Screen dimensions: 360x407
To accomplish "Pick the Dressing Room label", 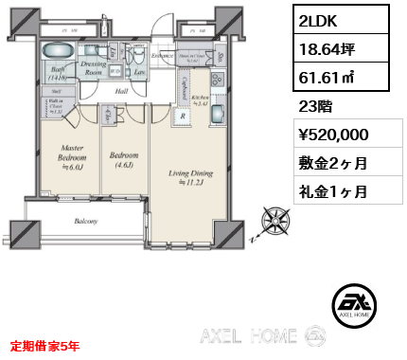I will coord(94,66).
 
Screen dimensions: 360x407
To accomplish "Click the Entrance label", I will coord(164,57).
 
